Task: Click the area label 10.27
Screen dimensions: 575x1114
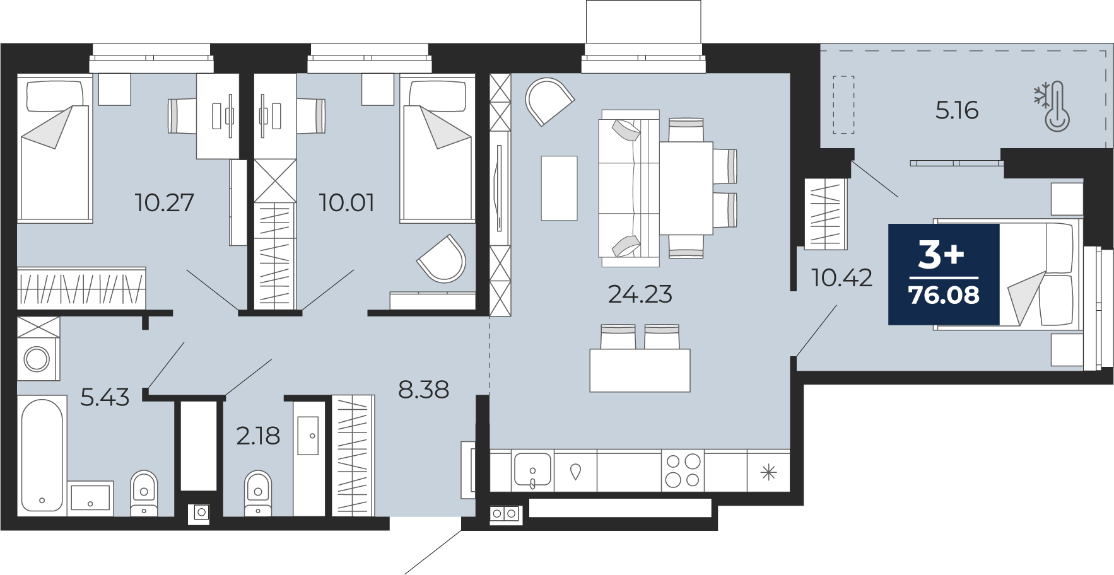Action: point(164,203)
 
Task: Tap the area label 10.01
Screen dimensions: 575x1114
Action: point(346,203)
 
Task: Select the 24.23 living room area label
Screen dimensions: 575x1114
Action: point(640,294)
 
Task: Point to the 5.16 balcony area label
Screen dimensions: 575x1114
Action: point(956,110)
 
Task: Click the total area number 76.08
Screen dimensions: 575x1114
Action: point(944,295)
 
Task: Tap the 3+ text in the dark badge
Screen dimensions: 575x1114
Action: point(941,255)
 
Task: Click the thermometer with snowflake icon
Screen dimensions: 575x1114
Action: point(1052,106)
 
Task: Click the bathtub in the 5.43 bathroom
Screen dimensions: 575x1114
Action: point(42,455)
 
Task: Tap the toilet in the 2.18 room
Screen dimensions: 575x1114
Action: point(257,492)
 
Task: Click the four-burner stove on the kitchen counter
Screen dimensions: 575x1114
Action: point(683,470)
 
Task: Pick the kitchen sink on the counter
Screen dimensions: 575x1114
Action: point(532,471)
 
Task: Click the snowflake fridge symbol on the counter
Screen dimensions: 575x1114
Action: point(768,472)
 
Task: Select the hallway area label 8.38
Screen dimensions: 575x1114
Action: point(423,390)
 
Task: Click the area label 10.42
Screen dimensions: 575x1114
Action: point(841,277)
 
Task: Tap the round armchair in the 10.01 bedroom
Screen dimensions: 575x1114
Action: point(442,258)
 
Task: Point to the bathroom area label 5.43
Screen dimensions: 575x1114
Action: point(105,398)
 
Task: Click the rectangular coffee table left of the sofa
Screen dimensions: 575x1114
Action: point(559,188)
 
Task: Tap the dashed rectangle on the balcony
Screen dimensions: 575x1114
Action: point(843,105)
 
